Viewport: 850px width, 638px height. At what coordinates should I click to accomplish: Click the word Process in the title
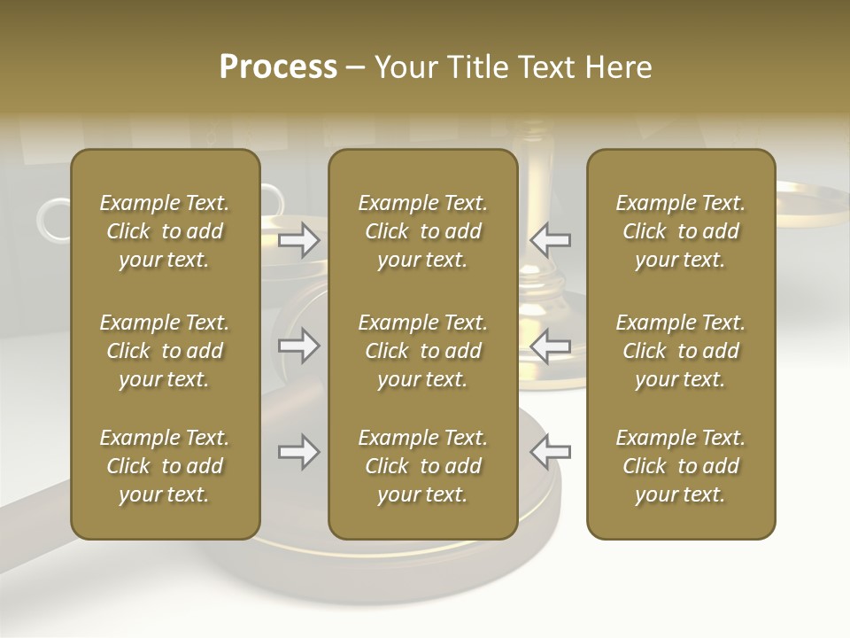point(278,67)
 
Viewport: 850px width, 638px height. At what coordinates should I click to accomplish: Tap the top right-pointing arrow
point(299,240)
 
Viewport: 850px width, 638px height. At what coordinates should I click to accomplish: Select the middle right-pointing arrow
point(299,346)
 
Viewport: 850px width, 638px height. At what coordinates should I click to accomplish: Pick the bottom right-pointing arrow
point(299,452)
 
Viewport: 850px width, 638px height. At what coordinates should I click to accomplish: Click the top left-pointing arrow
point(550,240)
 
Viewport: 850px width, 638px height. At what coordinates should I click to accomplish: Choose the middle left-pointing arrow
point(550,346)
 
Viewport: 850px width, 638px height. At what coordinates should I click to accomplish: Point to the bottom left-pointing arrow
point(550,452)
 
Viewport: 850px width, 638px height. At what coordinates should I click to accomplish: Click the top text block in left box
point(165,231)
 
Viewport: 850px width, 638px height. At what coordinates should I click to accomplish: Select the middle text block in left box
point(165,351)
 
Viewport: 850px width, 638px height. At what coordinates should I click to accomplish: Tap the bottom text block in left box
point(165,466)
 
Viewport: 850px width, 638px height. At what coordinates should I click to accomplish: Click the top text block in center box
point(422,231)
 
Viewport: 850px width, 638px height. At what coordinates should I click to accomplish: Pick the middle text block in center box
point(422,351)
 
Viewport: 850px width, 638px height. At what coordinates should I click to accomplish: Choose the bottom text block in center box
point(422,466)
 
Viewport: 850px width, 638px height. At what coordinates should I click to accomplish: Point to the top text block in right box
point(680,231)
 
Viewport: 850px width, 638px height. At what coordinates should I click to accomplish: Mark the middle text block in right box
point(680,351)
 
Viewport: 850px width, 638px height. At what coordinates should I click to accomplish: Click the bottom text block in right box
point(680,466)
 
